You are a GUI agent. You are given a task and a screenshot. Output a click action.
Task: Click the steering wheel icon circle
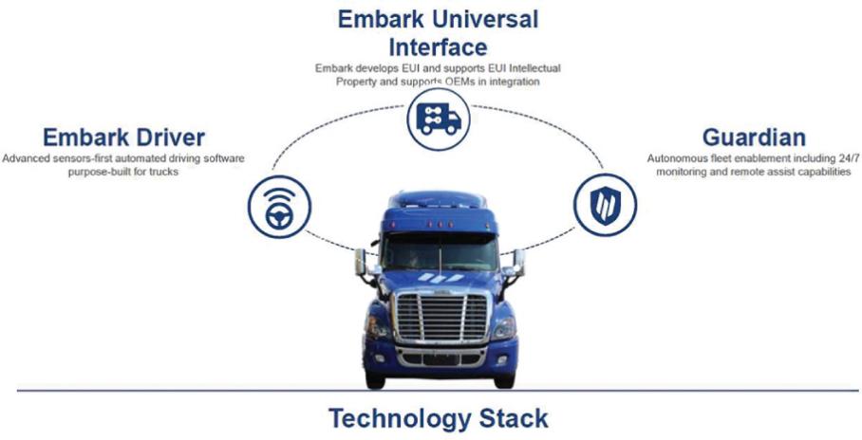coord(279,207)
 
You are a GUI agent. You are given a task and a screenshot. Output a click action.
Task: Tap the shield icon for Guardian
coord(606,205)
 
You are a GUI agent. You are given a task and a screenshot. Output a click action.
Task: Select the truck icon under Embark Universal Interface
coord(439,119)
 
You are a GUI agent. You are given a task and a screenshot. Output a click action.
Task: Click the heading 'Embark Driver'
coord(123,137)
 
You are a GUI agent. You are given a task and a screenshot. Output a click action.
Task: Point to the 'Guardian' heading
coord(754,137)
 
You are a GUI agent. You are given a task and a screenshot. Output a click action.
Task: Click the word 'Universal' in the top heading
coord(485,19)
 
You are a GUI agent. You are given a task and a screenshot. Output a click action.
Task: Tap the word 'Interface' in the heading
coord(439,47)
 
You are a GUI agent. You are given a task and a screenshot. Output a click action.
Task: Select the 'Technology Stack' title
coord(439,418)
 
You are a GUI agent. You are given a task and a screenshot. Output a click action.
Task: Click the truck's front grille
coord(440,317)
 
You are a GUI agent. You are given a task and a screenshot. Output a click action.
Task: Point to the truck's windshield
coord(440,251)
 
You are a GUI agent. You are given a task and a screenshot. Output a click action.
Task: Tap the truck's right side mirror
coord(518,263)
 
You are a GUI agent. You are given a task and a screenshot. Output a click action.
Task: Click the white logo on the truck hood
coord(440,278)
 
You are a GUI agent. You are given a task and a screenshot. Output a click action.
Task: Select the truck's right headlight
coord(504,328)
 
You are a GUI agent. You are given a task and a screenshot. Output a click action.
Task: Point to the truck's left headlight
coord(378,328)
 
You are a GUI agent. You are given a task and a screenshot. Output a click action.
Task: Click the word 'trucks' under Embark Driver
coord(165,172)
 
